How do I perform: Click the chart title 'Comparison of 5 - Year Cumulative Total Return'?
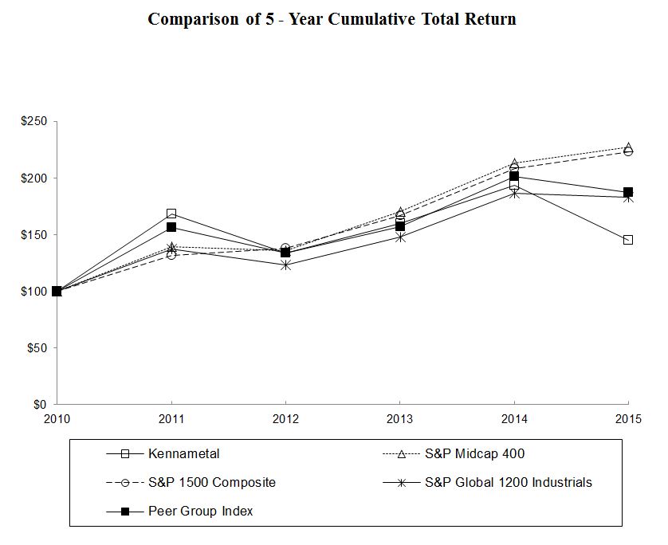tap(332, 19)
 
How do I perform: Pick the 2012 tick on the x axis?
tap(285, 419)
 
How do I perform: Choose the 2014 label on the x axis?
tap(514, 419)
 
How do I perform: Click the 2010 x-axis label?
tap(57, 419)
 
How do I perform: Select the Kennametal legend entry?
tap(183, 454)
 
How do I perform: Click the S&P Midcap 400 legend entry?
tap(474, 454)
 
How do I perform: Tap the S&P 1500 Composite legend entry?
tap(212, 483)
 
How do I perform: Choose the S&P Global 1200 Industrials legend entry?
tap(509, 483)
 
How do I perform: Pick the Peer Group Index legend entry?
tap(200, 512)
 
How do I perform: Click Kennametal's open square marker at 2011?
tap(171, 214)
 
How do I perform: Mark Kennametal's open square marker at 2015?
tap(628, 240)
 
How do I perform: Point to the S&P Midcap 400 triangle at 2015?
tap(628, 147)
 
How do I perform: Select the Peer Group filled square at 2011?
tap(171, 227)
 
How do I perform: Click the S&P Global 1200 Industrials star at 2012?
tap(285, 265)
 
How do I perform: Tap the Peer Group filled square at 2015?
tap(628, 192)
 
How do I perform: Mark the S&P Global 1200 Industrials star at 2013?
tap(400, 237)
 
